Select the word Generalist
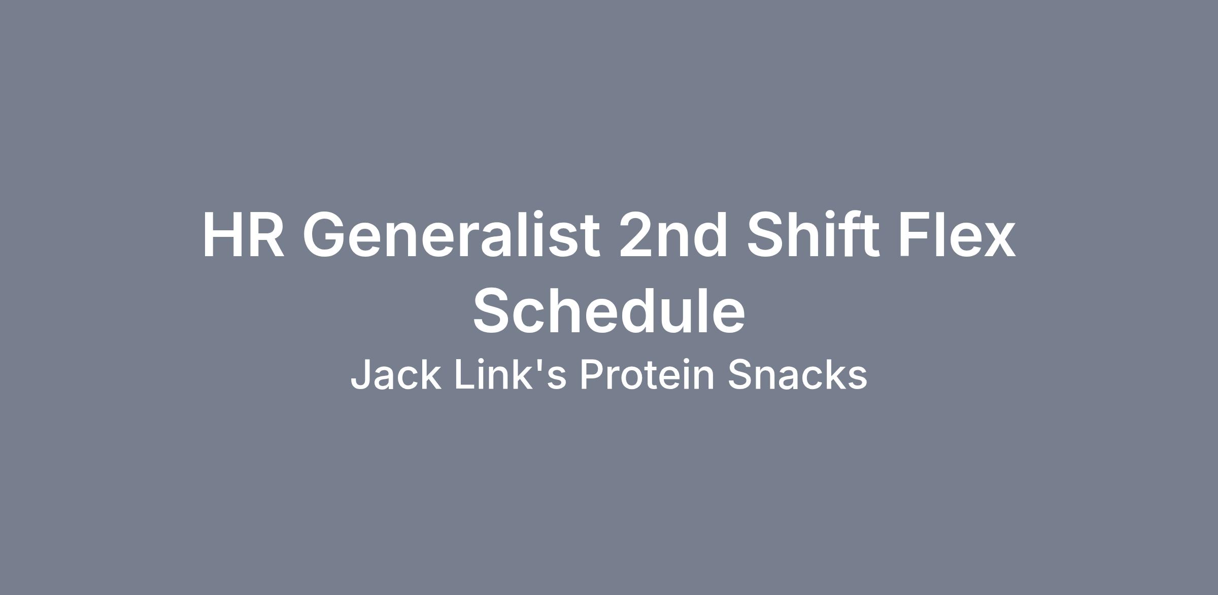coord(451,235)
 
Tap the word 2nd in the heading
coord(673,235)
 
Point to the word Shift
coord(814,235)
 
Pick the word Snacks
coord(798,374)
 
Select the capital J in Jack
coord(361,375)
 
